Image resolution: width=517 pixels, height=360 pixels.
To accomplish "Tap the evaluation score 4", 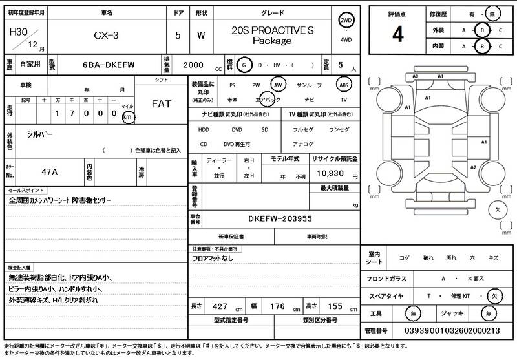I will [x=397, y=35].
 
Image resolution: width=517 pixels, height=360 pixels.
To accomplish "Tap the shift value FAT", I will [x=161, y=103].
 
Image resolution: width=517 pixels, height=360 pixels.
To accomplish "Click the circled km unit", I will [x=127, y=117].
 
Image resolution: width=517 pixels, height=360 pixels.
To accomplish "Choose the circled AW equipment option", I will [x=278, y=85].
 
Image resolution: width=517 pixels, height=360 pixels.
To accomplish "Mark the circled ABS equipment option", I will [x=344, y=85].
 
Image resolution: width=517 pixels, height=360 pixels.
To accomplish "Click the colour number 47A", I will [x=50, y=173].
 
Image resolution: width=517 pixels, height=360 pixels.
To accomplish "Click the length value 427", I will [x=220, y=306].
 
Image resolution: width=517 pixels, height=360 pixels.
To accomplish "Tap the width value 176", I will [x=277, y=306].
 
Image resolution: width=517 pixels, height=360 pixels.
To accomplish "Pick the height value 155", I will [x=335, y=306].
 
